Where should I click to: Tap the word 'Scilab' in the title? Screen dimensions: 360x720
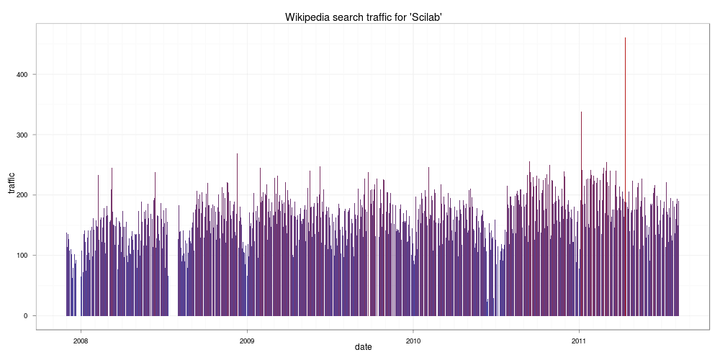pyautogui.click(x=420, y=17)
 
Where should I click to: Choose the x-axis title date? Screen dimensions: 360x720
pyautogui.click(x=364, y=347)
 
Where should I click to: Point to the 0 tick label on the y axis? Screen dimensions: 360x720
pyautogui.click(x=29, y=316)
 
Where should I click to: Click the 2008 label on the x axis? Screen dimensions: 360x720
pyautogui.click(x=81, y=341)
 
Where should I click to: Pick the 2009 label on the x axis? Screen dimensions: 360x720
pyautogui.click(x=247, y=341)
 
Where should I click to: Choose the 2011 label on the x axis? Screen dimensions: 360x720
pyautogui.click(x=580, y=341)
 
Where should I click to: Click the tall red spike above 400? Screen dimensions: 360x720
pyautogui.click(x=625, y=108)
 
